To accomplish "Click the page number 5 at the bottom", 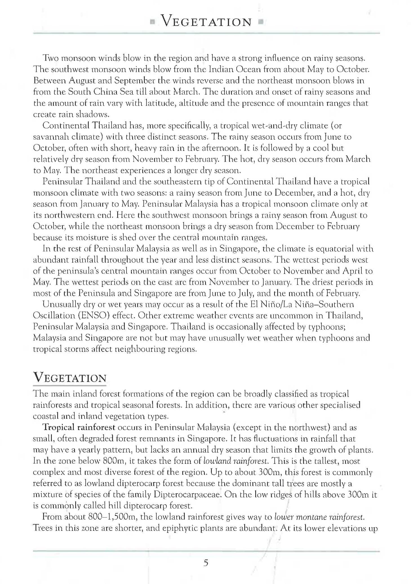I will [206, 563].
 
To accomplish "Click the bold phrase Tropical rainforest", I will [79, 427].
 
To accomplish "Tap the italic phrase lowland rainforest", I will [236, 461].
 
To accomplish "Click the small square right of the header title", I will [261, 21].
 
